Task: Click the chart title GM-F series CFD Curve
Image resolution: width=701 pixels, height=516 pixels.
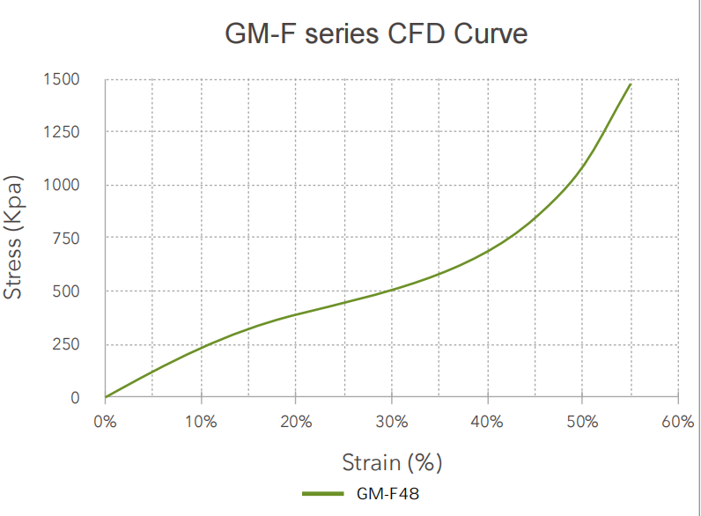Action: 376,34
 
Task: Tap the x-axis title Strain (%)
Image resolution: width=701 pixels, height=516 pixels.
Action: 392,461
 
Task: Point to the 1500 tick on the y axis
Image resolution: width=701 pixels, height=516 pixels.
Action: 63,79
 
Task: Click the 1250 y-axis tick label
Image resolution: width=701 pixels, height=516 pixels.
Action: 63,132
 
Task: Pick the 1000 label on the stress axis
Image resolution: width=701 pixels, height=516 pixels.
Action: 63,185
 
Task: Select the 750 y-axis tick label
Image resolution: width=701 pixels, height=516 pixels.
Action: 67,239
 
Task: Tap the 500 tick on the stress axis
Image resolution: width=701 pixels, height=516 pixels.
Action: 67,291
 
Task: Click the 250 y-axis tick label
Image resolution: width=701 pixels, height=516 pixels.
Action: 67,344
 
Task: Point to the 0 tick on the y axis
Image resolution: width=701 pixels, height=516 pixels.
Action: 76,397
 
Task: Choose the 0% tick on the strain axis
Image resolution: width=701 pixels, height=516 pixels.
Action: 105,422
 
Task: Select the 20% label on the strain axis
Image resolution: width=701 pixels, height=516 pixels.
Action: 296,422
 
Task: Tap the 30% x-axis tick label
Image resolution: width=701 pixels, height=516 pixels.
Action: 391,422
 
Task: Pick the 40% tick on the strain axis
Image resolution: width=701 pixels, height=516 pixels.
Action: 487,422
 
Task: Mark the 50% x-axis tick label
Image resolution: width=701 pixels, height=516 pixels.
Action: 582,422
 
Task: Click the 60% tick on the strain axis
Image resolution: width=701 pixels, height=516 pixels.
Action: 678,422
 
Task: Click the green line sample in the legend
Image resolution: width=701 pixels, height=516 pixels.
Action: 323,494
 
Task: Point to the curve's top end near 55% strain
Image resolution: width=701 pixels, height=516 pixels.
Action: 631,85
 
